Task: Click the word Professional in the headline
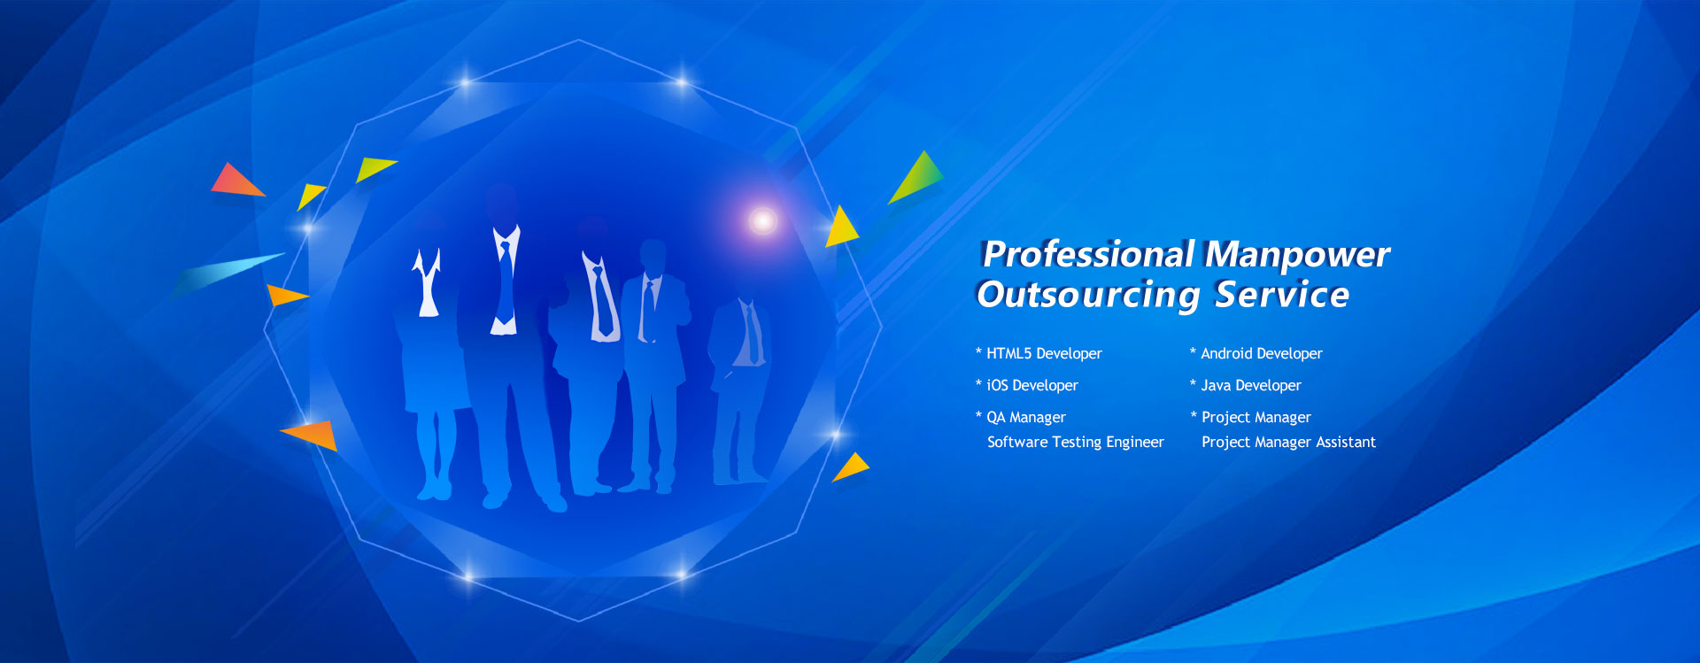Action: pos(1088,255)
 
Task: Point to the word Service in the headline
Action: pos(1282,294)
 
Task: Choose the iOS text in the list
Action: pos(997,385)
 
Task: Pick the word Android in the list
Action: pos(1226,353)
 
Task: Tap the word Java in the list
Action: pos(1216,385)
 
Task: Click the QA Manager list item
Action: pos(1026,417)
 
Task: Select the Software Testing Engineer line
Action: pos(1076,442)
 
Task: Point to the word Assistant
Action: pos(1346,442)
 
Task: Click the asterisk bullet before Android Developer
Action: pos(1194,351)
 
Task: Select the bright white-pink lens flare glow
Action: pos(762,220)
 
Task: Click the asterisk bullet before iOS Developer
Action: pos(979,383)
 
